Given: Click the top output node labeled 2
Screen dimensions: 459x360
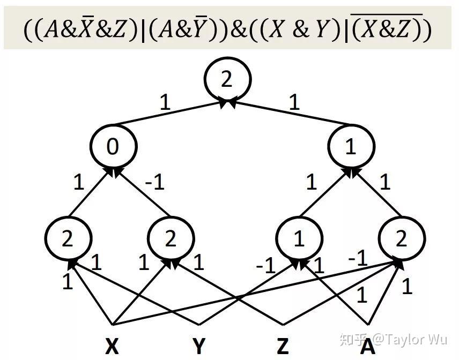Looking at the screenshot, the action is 227,79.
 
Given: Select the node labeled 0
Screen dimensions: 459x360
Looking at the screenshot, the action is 113,146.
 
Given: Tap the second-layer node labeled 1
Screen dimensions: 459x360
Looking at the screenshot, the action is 351,146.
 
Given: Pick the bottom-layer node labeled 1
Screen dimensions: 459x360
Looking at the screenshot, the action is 299,238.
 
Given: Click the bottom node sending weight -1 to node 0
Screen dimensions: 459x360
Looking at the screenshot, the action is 171,238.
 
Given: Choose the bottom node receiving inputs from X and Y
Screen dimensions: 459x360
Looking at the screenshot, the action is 68,238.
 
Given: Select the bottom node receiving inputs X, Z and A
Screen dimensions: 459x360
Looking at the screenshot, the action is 402,238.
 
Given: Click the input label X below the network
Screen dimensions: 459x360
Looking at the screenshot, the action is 112,346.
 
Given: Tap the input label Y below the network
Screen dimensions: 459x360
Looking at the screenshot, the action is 199,346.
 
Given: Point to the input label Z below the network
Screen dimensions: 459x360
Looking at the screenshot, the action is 283,346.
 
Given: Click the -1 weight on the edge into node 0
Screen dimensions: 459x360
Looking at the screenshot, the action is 155,182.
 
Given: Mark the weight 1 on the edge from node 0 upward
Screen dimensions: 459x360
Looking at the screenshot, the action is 165,102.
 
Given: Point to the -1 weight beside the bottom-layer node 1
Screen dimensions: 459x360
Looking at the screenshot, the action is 265,266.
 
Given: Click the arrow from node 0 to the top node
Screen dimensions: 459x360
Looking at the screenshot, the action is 172,112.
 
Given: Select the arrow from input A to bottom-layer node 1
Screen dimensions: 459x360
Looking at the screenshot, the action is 333,292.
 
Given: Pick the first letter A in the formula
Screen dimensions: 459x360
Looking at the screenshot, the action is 51,29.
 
